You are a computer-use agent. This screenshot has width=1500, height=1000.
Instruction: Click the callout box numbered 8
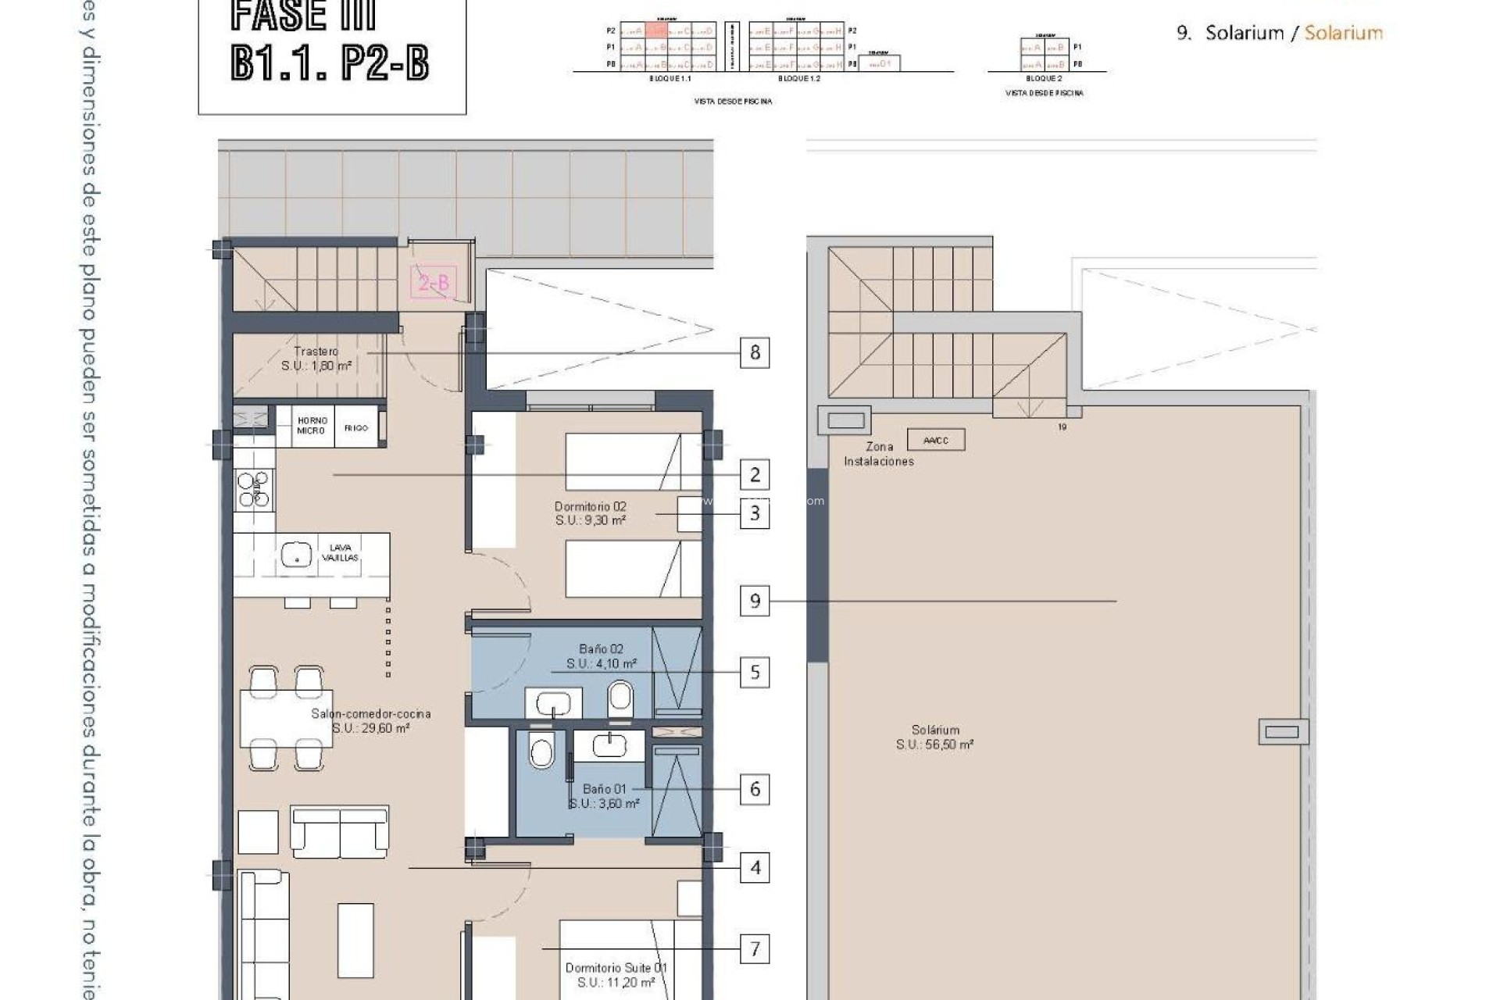point(755,352)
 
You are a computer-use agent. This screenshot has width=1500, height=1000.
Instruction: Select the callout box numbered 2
point(755,474)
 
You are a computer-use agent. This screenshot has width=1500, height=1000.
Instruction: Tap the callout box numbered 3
point(755,513)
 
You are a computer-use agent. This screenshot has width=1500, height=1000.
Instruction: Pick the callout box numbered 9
point(755,601)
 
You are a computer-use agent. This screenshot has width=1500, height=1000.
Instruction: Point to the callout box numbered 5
point(755,672)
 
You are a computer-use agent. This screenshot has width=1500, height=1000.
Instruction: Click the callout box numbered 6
point(755,789)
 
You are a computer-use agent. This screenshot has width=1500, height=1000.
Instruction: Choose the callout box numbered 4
point(755,868)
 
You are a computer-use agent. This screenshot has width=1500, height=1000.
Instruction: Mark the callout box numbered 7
point(755,949)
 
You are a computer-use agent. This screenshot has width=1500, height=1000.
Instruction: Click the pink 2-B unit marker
point(434,283)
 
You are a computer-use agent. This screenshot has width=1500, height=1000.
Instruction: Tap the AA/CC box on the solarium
point(936,440)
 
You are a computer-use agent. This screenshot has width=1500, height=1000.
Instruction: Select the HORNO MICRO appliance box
point(312,426)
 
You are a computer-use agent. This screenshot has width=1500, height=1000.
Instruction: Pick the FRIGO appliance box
point(356,427)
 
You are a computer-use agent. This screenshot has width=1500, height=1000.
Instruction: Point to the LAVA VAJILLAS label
point(341,553)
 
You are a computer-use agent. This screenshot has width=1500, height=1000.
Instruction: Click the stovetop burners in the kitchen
point(254,490)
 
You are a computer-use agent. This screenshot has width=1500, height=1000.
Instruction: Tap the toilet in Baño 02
point(620,698)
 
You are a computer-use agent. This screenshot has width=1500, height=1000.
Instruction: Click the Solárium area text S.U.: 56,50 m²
point(934,745)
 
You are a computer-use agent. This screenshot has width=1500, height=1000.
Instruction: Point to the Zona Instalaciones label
point(879,454)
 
